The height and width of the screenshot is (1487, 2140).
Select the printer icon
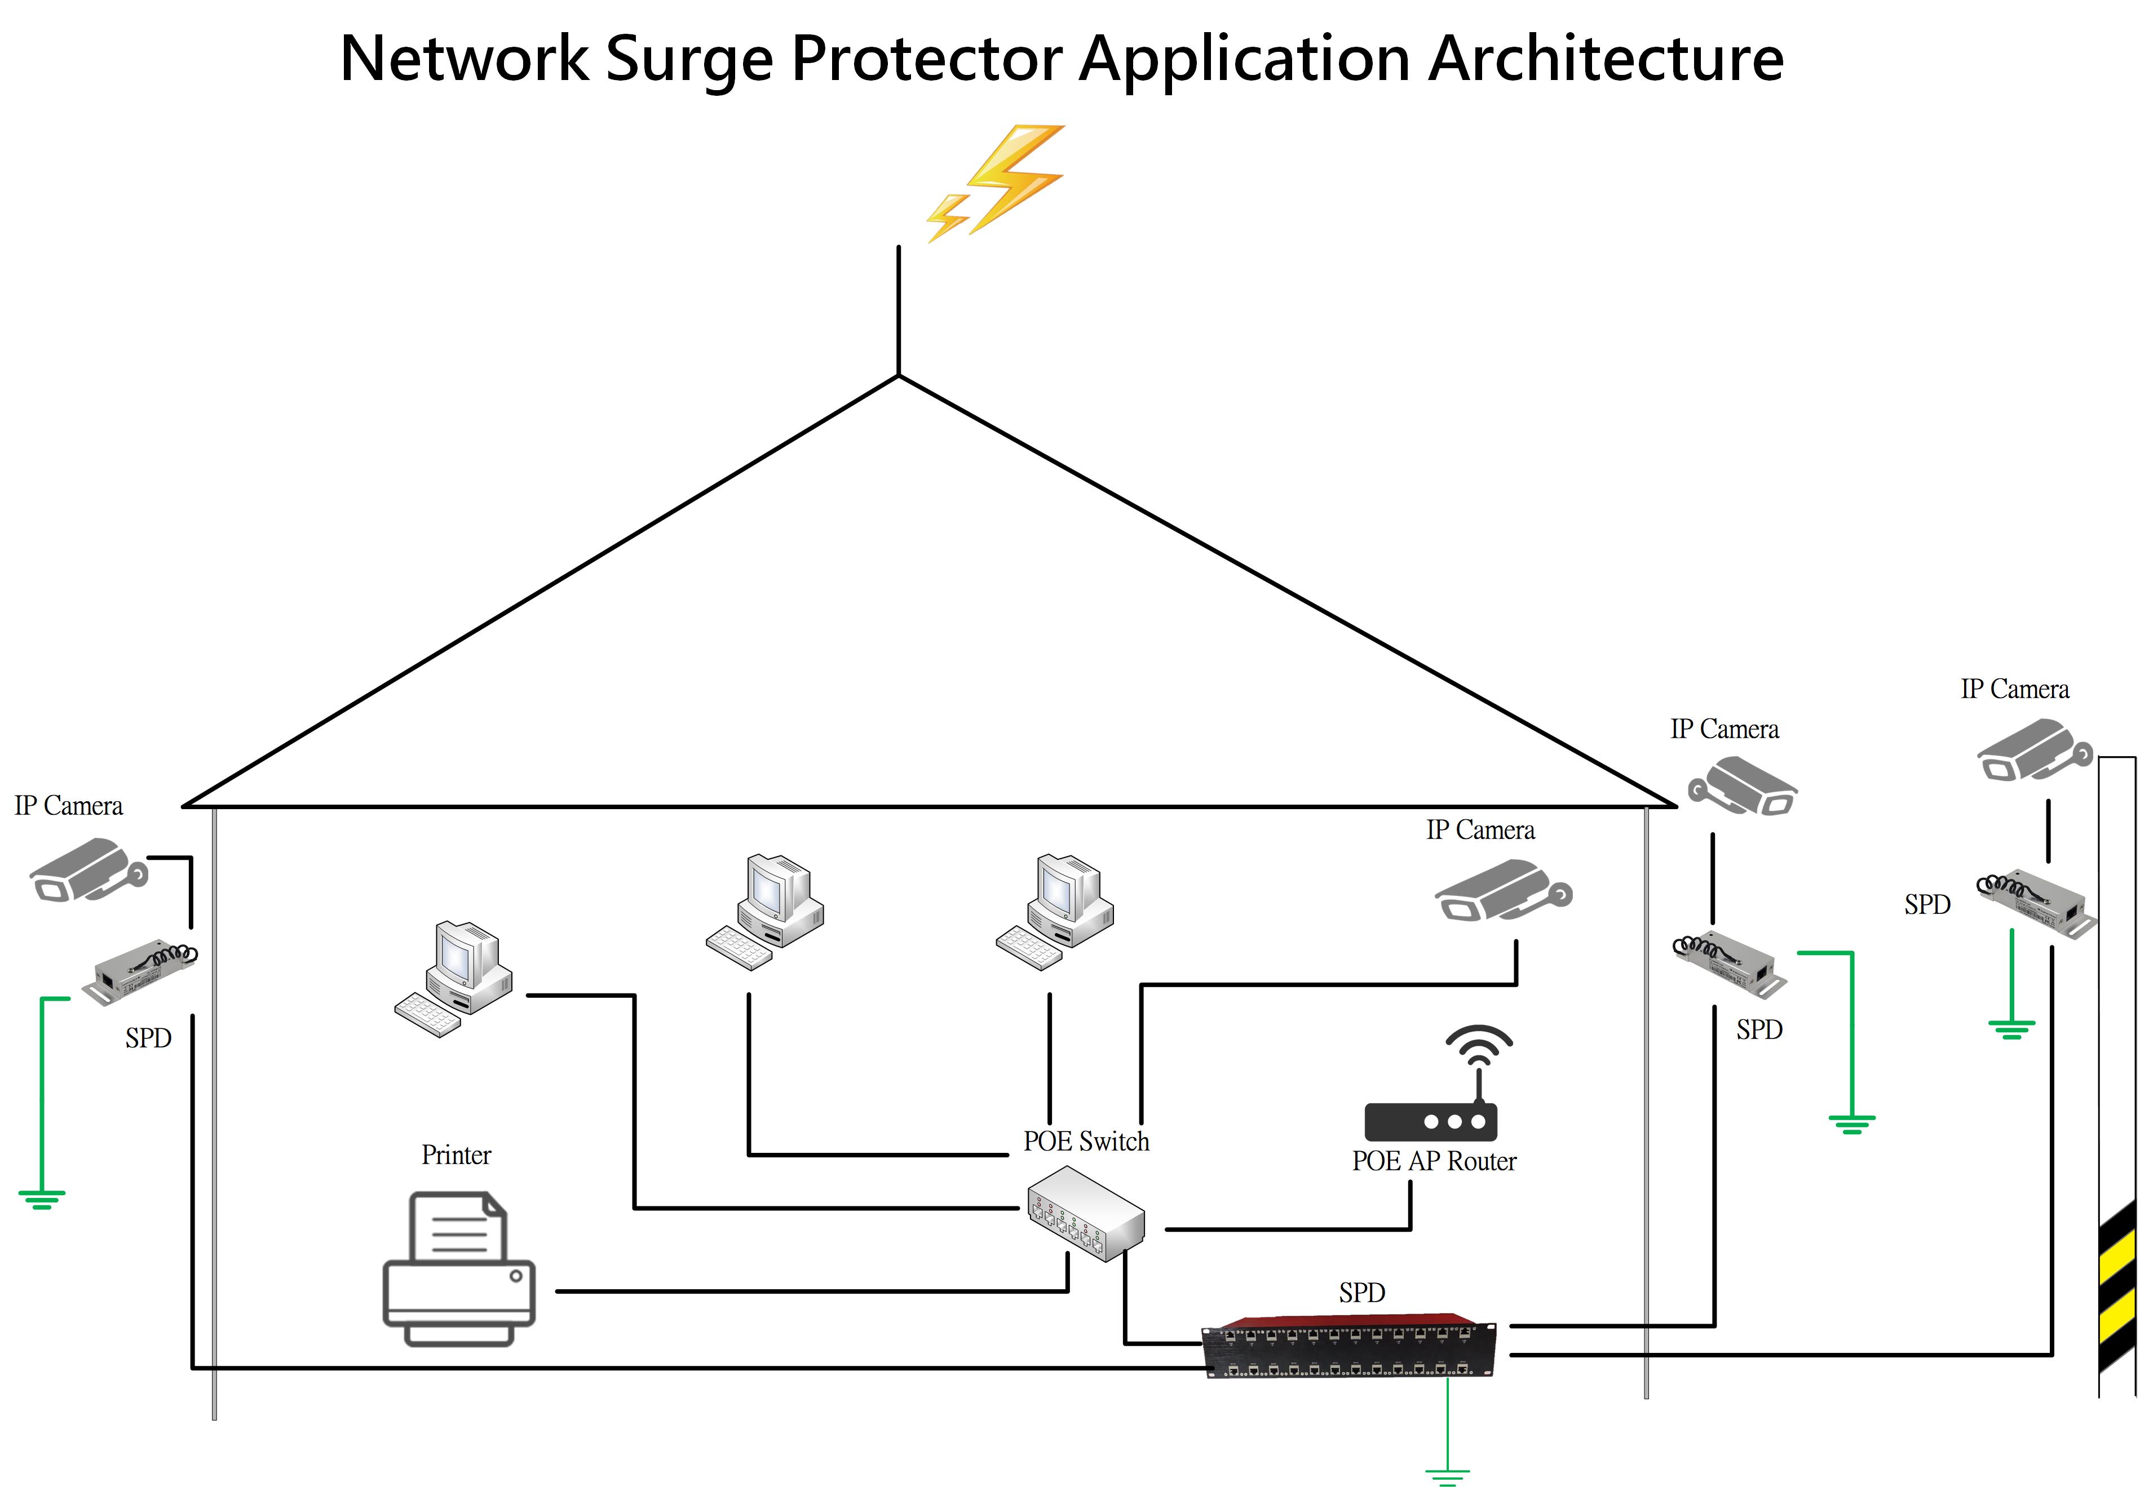[x=458, y=1269]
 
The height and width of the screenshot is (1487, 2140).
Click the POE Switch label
[x=1086, y=1142]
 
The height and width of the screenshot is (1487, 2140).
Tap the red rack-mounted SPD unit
[x=1348, y=1343]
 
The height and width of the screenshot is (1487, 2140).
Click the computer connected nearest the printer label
[x=454, y=978]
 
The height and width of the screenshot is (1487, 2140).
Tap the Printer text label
[x=456, y=1155]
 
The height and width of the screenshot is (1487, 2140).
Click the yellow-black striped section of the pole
[x=2117, y=1286]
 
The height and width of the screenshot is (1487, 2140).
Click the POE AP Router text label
[x=1434, y=1161]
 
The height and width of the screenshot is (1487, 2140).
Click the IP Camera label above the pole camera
[x=2014, y=690]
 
